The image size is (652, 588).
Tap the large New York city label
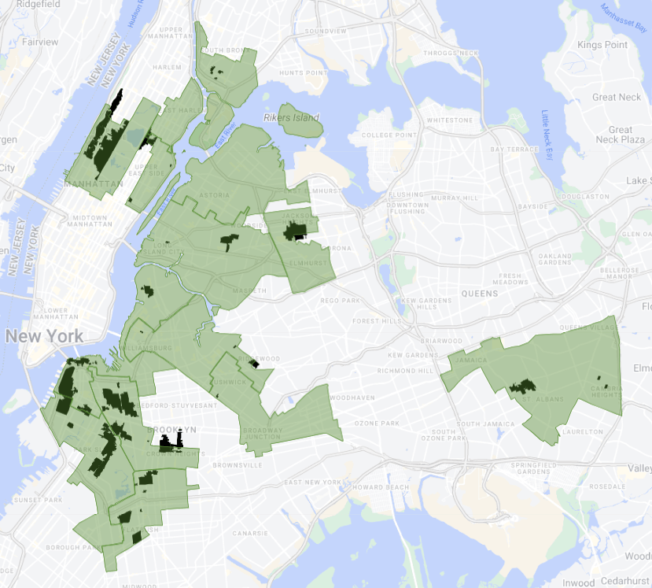[44, 336]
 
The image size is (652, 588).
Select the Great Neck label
[617, 97]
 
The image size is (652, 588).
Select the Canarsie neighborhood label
[249, 533]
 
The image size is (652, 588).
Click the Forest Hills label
[377, 320]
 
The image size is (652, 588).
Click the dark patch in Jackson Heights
[296, 230]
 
